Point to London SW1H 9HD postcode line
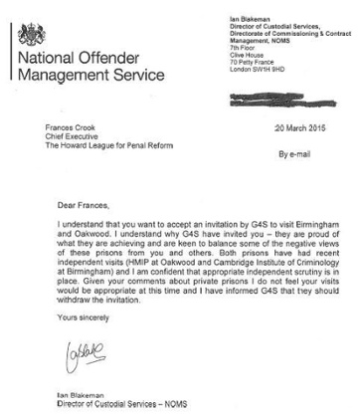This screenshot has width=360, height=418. click(x=248, y=73)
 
